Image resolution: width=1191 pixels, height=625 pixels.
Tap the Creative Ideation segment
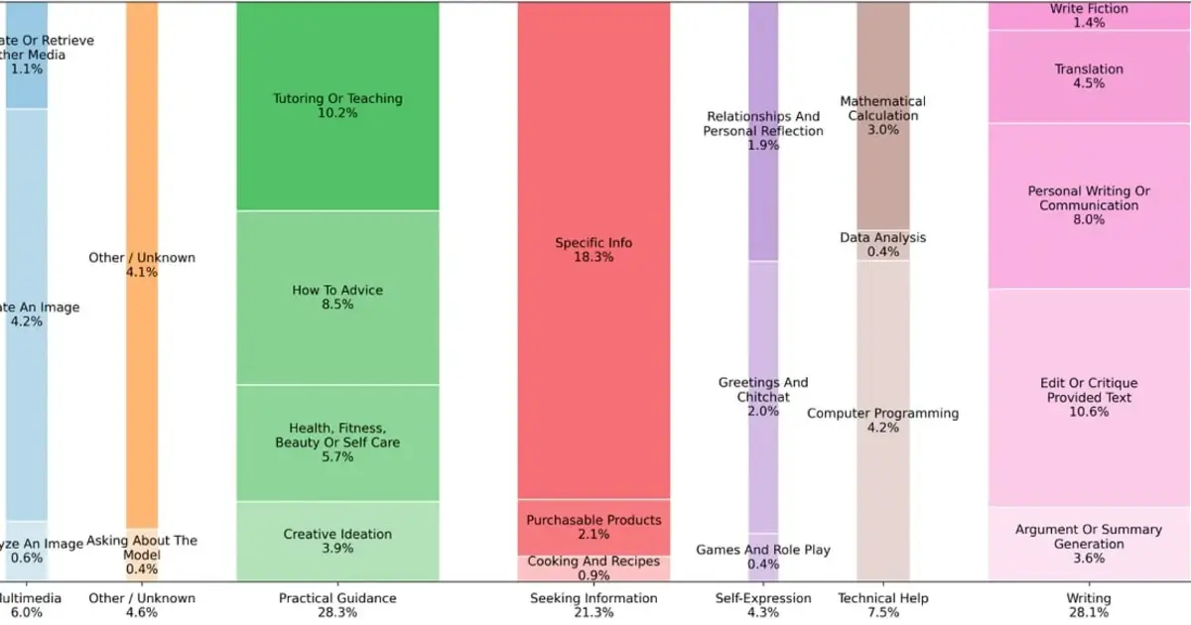337,541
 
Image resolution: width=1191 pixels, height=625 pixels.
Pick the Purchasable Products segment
594,527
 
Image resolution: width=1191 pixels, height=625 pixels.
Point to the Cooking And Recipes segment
594,567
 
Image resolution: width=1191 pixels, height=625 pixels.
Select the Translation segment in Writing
1089,76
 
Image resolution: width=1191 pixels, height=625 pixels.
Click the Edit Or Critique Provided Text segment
1089,397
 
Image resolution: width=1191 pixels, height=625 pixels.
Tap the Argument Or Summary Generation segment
1089,544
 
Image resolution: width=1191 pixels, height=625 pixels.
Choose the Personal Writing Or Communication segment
1089,205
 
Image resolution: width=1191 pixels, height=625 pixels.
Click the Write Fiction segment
1089,15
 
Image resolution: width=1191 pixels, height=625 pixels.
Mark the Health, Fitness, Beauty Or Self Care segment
337,442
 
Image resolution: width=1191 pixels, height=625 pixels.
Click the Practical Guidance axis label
337,598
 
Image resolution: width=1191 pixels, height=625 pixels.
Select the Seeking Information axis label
594,598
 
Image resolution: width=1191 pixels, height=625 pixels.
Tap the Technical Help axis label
882,598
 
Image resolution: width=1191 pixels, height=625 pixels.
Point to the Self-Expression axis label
763,598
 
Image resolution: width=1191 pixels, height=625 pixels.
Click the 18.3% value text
594,257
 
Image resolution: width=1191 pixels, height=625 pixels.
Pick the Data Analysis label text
882,238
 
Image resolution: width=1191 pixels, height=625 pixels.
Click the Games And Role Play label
763,550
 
